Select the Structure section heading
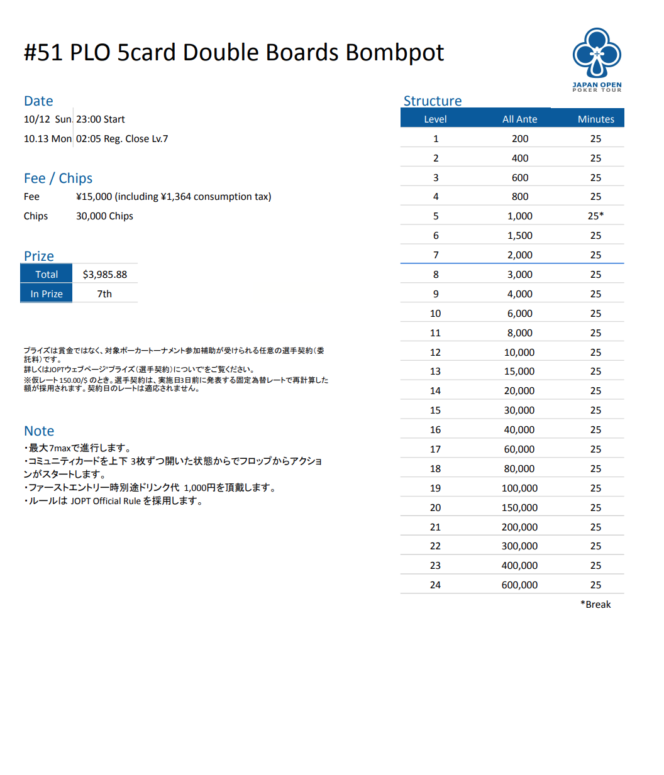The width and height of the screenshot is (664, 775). coord(432,101)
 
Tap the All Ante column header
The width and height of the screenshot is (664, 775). coord(519,119)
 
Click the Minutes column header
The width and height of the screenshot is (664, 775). coord(595,119)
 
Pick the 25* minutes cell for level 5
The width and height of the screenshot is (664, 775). coord(595,216)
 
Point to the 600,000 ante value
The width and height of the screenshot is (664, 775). coord(519,585)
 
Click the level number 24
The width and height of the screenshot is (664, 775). coord(435,585)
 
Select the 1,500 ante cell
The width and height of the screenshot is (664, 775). coord(519,236)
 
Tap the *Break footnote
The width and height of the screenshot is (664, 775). coord(595,605)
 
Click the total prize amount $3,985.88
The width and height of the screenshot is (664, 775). coord(104,275)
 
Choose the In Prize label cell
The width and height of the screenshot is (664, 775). coord(47,294)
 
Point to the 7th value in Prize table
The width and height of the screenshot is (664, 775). coord(104,294)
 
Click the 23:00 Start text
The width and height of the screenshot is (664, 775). coord(101,119)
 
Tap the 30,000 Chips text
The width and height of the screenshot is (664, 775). coord(104,216)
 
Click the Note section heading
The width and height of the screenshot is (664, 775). coord(39,431)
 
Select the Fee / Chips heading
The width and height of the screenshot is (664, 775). coord(58,179)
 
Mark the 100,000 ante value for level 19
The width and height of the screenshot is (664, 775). coord(519,488)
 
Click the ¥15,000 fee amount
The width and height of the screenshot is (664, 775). coord(94,197)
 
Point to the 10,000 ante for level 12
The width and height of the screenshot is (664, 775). coord(519,353)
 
